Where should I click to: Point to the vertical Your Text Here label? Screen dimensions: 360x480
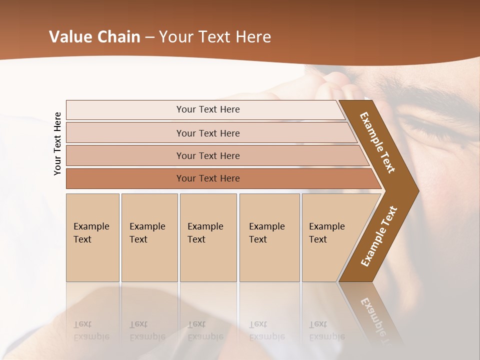coord(57,143)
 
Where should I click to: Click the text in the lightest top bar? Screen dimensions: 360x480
coord(208,109)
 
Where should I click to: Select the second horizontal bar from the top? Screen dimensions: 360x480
coord(208,133)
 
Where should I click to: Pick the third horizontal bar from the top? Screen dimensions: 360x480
coord(208,156)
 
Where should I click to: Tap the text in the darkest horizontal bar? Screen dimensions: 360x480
coord(208,178)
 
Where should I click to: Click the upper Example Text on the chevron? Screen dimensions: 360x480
coord(377,142)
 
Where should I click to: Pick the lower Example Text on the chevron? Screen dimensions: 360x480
coord(378,236)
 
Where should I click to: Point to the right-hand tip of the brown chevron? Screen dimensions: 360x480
coord(417,190)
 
